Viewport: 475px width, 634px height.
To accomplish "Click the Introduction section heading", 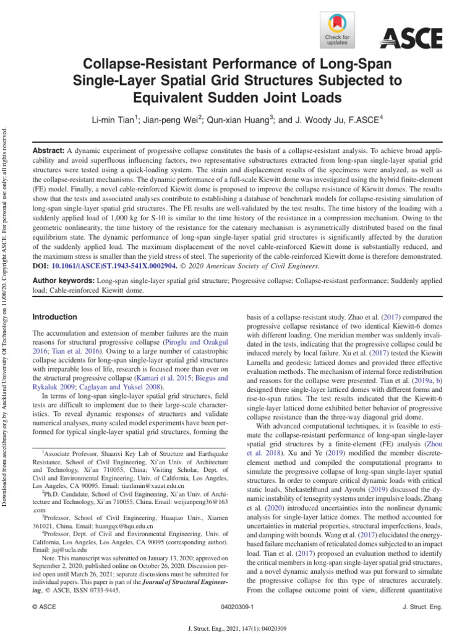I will coord(54,317).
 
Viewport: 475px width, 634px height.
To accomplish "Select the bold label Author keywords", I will coord(64,280).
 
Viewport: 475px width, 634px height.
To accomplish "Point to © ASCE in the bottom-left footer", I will coord(44,608).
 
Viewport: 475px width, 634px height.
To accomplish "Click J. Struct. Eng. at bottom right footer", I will coord(422,608).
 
